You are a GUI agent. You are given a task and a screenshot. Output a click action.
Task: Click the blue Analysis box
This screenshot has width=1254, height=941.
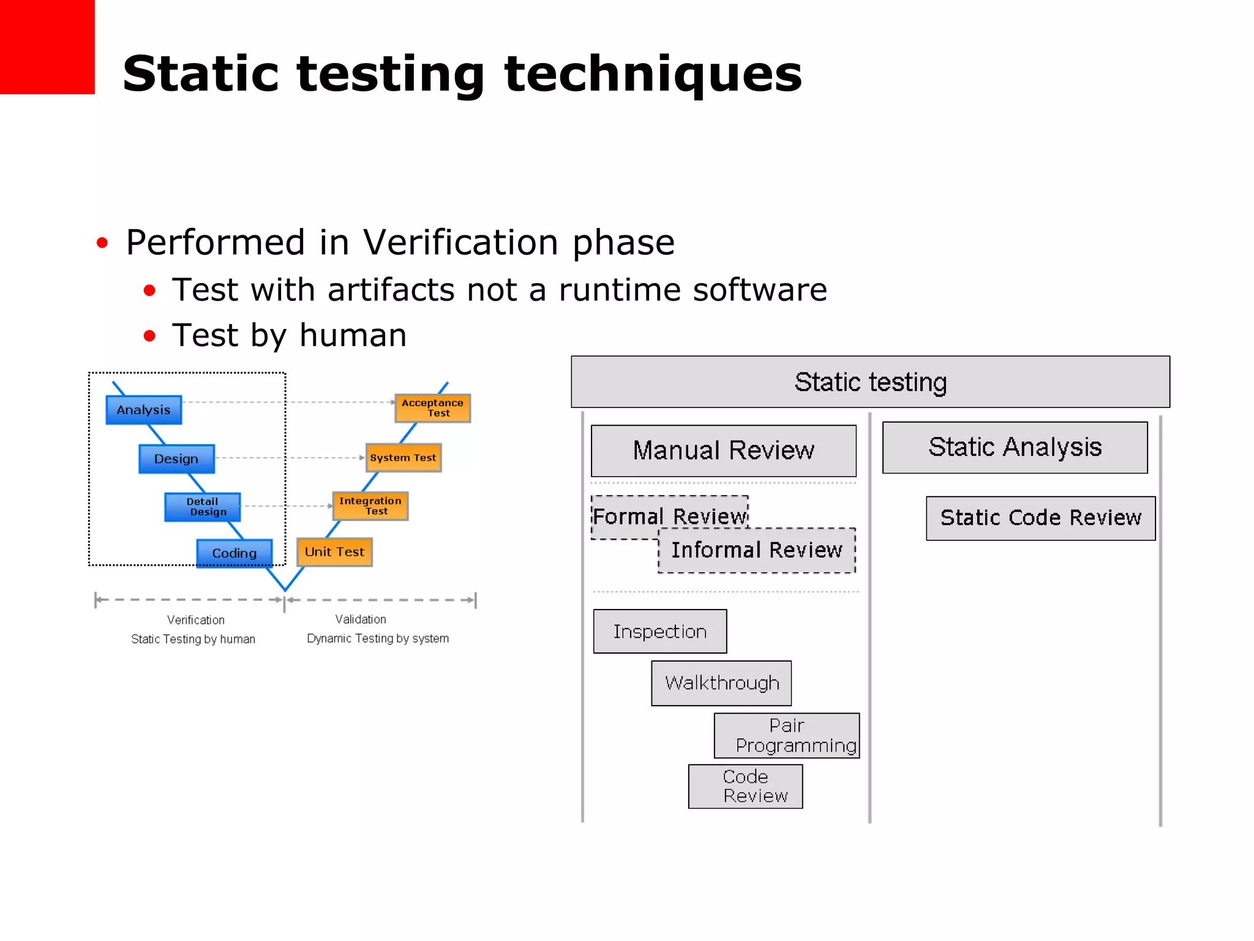[143, 410]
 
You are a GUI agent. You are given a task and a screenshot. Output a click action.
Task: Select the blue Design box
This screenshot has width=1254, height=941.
[176, 459]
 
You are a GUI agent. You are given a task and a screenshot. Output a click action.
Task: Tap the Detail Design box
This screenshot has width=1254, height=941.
[203, 507]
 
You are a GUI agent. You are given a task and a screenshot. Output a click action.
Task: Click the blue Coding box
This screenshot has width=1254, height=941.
[234, 553]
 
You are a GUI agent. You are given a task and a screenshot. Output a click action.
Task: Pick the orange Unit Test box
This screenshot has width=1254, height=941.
[334, 552]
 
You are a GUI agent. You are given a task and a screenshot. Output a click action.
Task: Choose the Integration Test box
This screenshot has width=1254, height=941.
[370, 506]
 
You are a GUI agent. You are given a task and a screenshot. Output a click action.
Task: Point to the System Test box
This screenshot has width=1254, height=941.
[403, 458]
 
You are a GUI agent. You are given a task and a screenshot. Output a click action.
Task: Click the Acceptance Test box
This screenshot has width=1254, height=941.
[432, 408]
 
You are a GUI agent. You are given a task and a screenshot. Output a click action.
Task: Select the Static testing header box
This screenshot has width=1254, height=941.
[870, 382]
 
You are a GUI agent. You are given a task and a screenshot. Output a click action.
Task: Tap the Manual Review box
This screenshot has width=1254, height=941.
[723, 451]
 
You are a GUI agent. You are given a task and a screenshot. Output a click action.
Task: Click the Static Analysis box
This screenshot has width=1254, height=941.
[1015, 447]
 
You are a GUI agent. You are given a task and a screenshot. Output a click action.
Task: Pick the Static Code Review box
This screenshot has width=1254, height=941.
[1040, 518]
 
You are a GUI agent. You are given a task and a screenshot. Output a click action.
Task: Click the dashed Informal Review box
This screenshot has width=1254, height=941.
[757, 551]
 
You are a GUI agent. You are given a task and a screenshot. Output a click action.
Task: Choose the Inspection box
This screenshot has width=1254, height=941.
[659, 632]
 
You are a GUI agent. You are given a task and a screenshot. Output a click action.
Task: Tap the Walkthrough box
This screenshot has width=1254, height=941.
[721, 683]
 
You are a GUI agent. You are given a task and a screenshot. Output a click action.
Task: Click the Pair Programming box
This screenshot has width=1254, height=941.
[787, 735]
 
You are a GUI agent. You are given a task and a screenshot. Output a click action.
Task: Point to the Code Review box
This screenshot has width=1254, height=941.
[745, 786]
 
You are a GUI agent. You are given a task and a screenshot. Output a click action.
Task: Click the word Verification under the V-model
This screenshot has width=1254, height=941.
[196, 620]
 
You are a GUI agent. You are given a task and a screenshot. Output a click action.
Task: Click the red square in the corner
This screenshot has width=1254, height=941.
[47, 47]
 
